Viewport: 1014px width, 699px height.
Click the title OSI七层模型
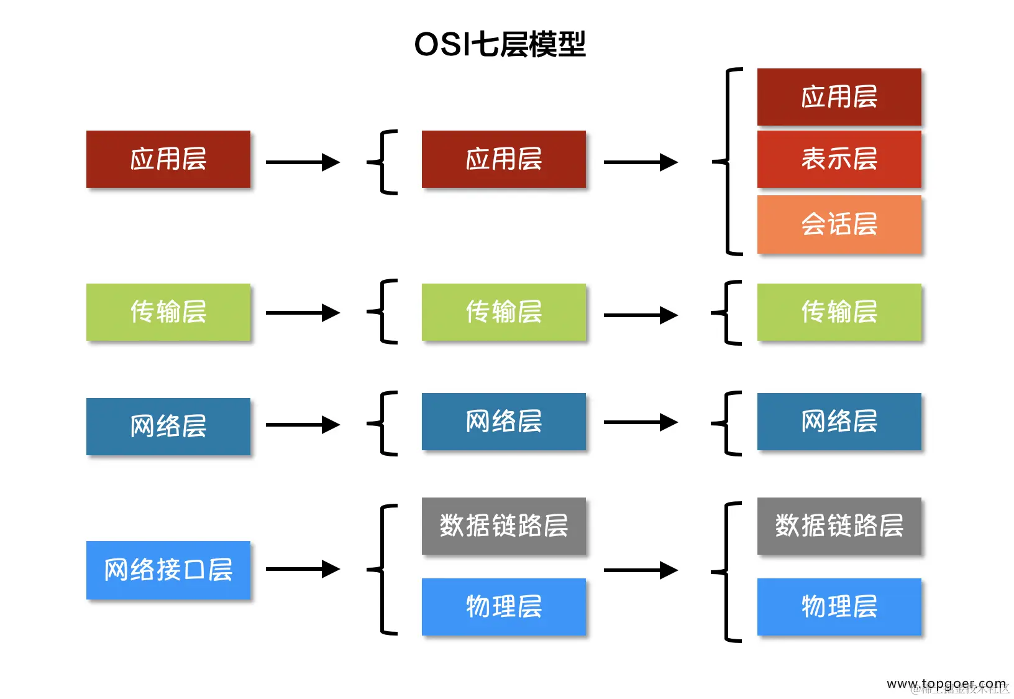500,44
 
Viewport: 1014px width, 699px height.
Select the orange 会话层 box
839,224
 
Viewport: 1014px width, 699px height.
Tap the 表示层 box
839,159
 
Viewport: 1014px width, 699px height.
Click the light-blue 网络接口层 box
168,570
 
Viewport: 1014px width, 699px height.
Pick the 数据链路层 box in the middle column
503,525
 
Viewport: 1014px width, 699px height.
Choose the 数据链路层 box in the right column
839,525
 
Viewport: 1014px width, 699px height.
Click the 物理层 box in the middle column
503,606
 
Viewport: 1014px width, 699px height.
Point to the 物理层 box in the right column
839,606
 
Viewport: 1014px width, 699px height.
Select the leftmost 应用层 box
168,159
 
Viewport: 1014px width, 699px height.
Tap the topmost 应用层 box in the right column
839,97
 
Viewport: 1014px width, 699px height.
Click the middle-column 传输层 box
503,312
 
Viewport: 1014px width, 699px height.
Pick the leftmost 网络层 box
168,426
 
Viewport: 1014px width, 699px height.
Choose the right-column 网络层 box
839,421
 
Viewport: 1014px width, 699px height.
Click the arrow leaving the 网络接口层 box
303,569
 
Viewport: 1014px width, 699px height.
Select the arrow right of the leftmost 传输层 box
303,312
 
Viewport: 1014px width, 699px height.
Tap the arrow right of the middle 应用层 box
640,162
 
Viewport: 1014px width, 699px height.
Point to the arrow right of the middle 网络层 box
640,422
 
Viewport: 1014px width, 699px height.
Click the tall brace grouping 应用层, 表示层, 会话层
728,162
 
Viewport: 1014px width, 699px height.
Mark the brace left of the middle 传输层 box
381,312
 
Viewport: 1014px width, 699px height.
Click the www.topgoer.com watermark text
946,683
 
